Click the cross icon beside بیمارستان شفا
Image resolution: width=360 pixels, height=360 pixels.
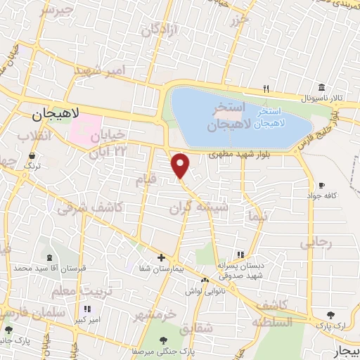point(162,257)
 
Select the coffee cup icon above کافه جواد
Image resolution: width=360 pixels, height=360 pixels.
point(321,184)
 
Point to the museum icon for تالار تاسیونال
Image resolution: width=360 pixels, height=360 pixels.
point(321,87)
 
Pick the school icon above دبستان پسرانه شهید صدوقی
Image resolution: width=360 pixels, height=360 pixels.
point(240,255)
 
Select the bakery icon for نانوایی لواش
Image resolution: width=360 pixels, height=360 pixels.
point(205,281)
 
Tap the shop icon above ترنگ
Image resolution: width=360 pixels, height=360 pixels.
point(31,155)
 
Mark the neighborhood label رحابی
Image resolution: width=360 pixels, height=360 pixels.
point(314,243)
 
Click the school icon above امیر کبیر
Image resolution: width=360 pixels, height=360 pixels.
point(86,309)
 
